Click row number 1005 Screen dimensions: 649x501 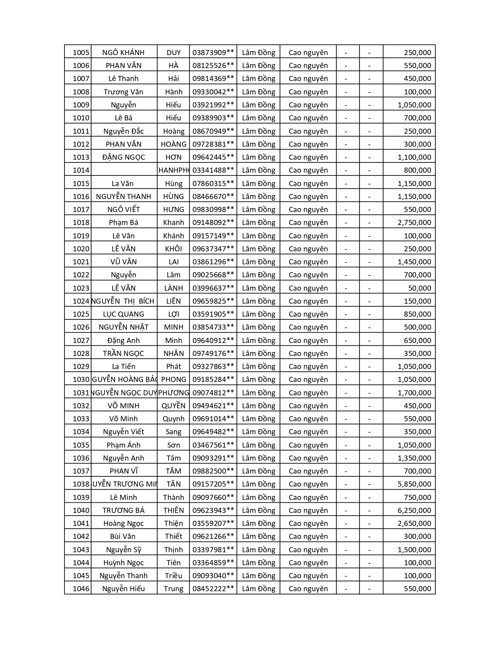coord(81,53)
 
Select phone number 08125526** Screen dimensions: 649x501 coord(213,66)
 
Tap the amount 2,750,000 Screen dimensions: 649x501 coord(414,223)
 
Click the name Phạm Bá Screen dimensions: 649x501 coord(123,223)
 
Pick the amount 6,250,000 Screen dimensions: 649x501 coord(414,511)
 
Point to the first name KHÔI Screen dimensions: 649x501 coord(173,249)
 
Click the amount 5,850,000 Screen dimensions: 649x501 coord(414,484)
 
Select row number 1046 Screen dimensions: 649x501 coord(81,589)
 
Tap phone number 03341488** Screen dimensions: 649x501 coord(213,170)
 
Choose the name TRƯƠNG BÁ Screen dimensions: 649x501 coord(123,511)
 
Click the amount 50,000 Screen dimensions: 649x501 coord(419,288)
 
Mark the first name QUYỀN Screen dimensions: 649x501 coord(173,406)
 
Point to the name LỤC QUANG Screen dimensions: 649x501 coord(123,314)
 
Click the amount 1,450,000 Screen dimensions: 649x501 coord(414,262)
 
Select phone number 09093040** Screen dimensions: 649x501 coord(213,576)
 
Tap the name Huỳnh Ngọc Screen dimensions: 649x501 coord(123,563)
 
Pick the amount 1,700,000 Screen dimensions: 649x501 coord(414,393)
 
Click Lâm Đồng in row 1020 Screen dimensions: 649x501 coord(259,249)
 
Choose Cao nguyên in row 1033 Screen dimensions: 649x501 coord(308,419)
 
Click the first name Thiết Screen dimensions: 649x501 coord(173,537)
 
